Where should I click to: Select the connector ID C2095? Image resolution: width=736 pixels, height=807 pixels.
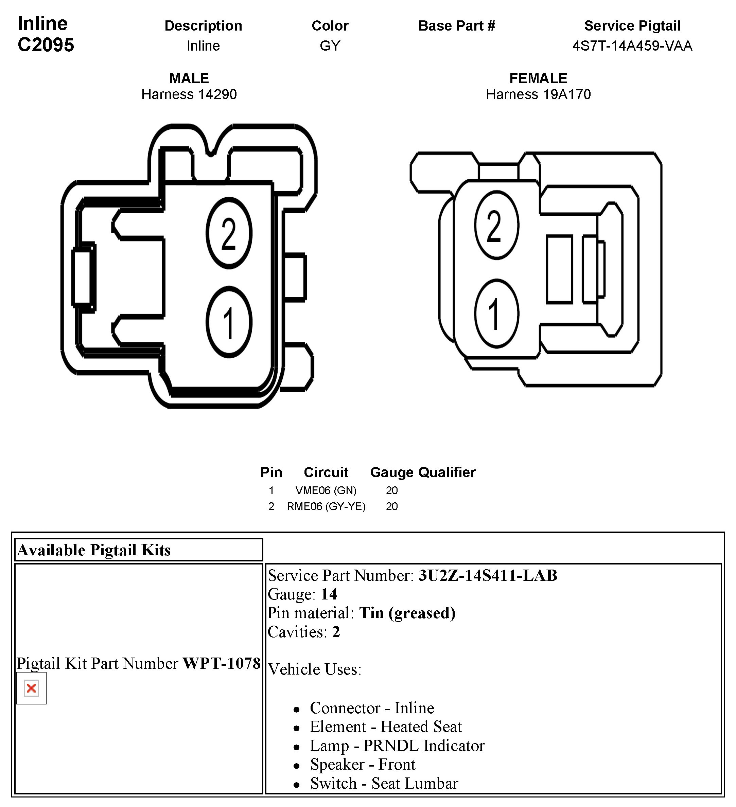(46, 45)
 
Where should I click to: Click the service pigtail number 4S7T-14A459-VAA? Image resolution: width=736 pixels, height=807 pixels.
(632, 46)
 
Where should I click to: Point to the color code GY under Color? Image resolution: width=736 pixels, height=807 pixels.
(330, 46)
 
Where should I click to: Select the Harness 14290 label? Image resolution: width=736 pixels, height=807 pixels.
(189, 94)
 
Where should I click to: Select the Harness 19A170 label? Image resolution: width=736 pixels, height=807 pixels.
(538, 94)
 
